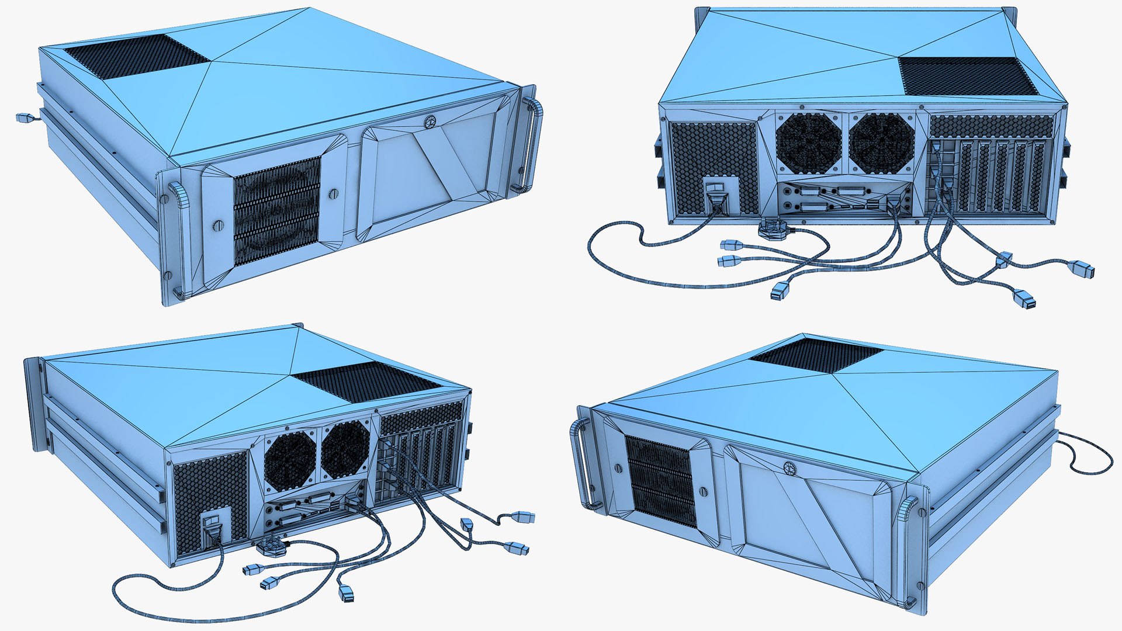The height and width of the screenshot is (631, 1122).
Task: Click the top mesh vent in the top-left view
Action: pos(137,56)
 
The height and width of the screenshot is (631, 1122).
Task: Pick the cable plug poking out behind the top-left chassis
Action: pos(23,117)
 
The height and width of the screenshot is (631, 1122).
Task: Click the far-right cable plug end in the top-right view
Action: pos(1084,270)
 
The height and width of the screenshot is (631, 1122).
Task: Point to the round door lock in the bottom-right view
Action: pos(789,467)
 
